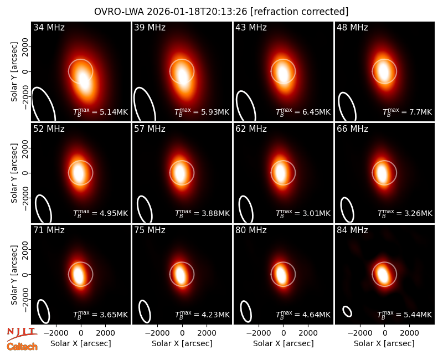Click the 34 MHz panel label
click(49, 27)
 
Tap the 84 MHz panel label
click(352, 230)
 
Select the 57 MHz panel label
click(150, 129)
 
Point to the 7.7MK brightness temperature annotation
click(407, 112)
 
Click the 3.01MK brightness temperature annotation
click(303, 213)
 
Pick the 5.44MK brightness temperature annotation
click(405, 315)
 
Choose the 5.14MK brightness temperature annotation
click(101, 112)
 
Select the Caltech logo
click(22, 347)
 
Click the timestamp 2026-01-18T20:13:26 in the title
click(197, 12)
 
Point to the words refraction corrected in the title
click(300, 12)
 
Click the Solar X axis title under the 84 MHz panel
click(384, 343)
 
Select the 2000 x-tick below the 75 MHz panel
click(207, 333)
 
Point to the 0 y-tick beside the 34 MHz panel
click(25, 71)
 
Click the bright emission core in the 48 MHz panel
click(384, 71)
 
